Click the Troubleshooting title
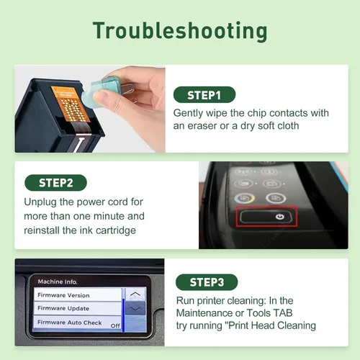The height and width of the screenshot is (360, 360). click(180, 31)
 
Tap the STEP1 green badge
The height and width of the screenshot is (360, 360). click(204, 95)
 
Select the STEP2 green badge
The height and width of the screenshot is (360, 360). click(55, 183)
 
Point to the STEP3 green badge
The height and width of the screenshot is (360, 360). click(207, 282)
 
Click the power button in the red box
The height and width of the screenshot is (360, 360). click(266, 217)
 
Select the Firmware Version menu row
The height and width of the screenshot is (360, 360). click(78, 294)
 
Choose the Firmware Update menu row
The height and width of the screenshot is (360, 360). click(78, 308)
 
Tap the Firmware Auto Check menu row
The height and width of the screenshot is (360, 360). click(78, 323)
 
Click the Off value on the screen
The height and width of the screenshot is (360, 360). click(115, 325)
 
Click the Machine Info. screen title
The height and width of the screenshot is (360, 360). click(58, 282)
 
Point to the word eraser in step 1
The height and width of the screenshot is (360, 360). click(202, 126)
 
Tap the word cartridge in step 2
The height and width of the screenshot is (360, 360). click(116, 230)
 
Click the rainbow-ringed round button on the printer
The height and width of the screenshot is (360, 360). click(245, 199)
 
